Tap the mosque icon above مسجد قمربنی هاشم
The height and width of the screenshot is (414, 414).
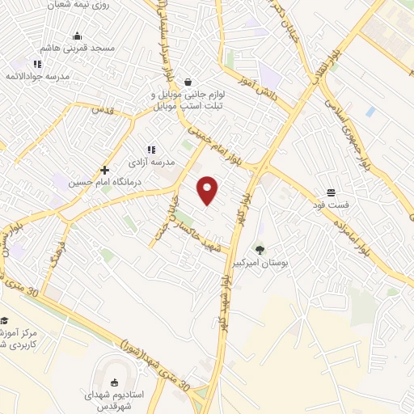pos(77,36)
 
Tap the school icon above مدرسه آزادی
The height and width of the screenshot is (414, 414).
pos(150,149)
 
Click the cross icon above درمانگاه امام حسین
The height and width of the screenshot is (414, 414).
pos(104,170)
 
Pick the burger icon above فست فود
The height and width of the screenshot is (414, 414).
pos(331,192)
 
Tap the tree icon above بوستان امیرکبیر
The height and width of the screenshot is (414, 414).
pos(260,250)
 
